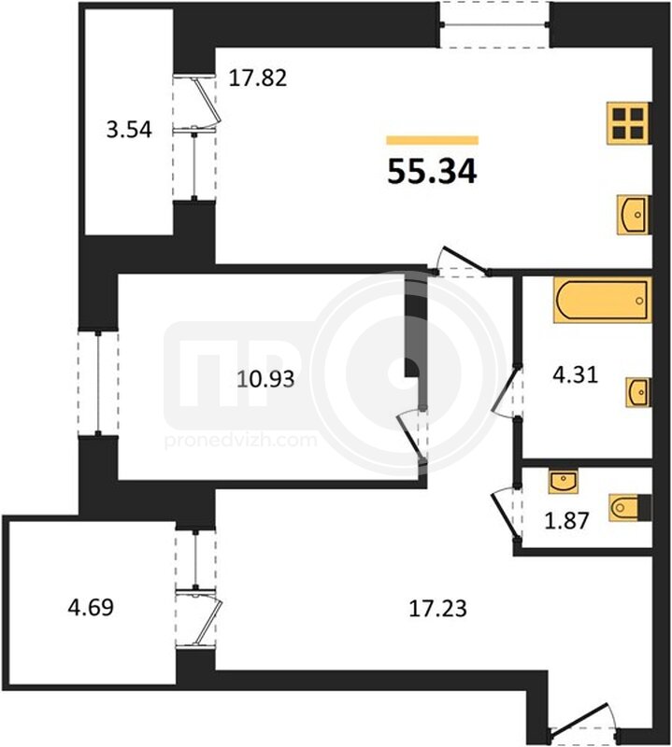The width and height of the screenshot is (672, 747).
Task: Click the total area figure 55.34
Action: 432,172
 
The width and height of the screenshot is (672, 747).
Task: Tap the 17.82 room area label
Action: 258,78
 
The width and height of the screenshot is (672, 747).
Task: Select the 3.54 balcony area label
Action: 129,130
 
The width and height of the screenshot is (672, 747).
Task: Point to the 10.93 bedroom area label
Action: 266,379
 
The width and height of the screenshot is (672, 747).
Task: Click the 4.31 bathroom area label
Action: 575,375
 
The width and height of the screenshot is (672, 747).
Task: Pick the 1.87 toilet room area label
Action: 567,520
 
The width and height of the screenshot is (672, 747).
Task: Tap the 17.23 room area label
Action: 437,609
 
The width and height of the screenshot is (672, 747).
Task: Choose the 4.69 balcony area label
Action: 91,608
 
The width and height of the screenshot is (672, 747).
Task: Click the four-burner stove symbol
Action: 628,123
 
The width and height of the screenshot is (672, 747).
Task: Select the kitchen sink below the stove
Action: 633,215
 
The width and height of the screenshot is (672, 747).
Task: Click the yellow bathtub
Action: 602,300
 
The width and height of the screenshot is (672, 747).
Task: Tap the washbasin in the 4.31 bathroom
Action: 638,392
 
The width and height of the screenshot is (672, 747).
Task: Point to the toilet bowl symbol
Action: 630,507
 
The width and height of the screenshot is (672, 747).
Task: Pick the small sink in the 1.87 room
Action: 564,481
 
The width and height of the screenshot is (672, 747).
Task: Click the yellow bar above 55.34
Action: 433,139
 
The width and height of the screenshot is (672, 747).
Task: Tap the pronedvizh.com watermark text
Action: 241,440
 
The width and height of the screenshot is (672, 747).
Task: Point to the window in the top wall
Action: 494,24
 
